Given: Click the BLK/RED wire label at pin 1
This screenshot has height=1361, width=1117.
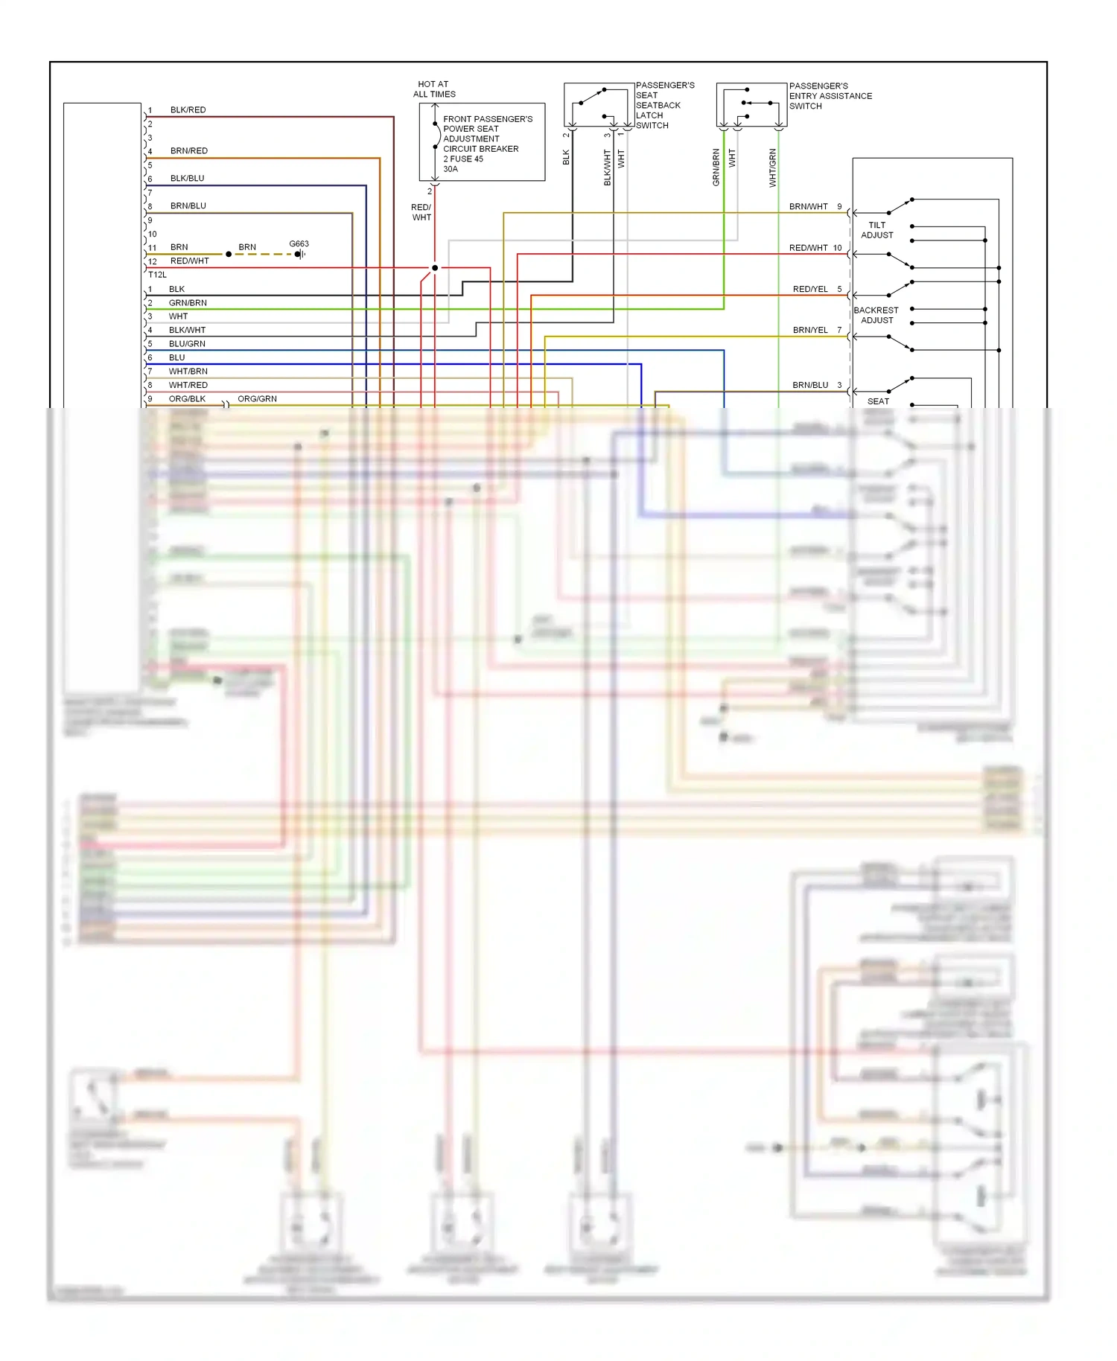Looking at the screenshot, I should (188, 109).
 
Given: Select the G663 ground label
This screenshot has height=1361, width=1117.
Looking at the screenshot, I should (299, 243).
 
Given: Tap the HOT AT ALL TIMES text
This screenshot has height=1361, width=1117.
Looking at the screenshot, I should (434, 89).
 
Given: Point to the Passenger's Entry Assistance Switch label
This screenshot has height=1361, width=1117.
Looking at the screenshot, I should (830, 96).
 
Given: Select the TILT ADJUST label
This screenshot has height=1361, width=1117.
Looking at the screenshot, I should (876, 230).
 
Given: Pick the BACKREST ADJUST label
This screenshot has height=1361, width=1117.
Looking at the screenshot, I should (876, 315).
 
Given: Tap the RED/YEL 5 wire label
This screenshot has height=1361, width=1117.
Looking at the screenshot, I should (816, 289).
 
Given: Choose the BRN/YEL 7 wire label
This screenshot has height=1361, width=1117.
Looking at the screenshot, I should (816, 330).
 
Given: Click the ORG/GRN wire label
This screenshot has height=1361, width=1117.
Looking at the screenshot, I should (257, 399).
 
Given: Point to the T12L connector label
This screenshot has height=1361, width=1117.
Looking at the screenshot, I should (157, 275).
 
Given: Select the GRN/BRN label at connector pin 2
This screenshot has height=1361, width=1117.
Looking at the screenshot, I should (188, 303).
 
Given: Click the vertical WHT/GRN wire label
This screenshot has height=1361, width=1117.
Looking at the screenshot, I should (772, 168).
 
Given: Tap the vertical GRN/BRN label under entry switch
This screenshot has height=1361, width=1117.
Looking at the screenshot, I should (716, 168).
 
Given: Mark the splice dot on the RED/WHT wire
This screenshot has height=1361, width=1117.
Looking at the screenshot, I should (435, 268).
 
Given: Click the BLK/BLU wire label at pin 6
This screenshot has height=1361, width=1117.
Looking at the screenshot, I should (187, 179).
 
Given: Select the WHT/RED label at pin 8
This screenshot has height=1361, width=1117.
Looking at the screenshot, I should (188, 385).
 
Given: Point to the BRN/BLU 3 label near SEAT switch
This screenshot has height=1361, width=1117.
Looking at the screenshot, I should (816, 385).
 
